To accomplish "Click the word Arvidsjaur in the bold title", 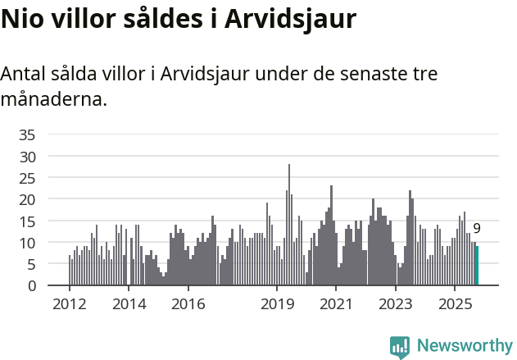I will pos(291,19).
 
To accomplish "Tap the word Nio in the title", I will pos(25,19).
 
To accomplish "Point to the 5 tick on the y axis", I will pos(31,264).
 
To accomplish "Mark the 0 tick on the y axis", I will pos(31,286).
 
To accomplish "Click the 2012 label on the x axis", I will pos(69,304).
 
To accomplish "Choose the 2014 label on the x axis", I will pos(129,304).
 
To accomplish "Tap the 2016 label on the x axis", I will pos(188,304).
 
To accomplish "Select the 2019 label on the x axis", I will pos(277,304).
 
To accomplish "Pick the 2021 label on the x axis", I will pos(336,304).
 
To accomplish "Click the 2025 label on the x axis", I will pos(455,304).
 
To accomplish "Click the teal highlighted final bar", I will pos(477,267).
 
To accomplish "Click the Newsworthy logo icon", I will pos(400,347).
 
